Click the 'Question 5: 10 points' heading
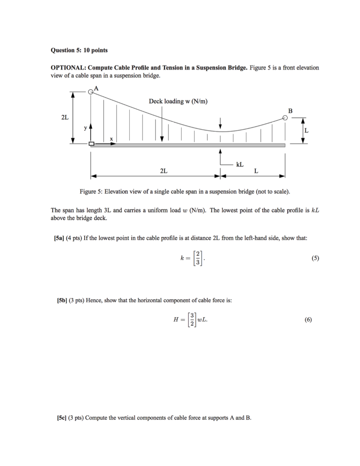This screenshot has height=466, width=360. coord(76,49)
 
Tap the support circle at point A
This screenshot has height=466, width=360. coord(91,91)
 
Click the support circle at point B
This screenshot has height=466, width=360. coord(285,118)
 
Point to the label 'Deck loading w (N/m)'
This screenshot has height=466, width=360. coord(178,101)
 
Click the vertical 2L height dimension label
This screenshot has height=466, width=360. coord(65,117)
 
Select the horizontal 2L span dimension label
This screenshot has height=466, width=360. coord(163,171)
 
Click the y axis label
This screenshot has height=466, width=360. coord(85,128)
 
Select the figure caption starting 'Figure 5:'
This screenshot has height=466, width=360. coord(184,192)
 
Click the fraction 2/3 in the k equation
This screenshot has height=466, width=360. coord(198,258)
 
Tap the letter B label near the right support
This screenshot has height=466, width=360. coord(290,111)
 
